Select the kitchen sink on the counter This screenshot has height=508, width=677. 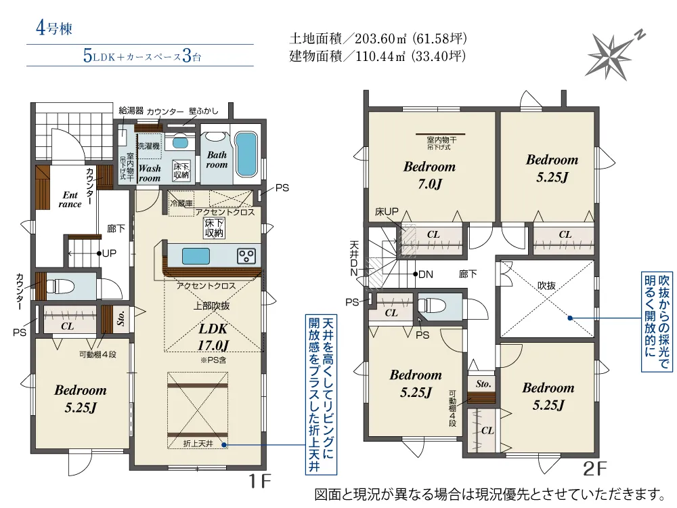pos(196,256)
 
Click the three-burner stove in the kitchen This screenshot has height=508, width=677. pos(247,256)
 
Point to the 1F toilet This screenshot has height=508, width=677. pos(60,287)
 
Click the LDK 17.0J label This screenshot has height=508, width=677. pos(213,337)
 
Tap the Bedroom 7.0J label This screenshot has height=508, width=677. pos(430,175)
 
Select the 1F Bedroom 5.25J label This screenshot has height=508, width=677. pos(81,399)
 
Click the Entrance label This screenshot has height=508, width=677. pos(70,200)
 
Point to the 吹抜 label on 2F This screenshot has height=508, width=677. pos(546,286)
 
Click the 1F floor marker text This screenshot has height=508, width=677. pos(259,481)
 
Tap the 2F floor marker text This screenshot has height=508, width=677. pos(595,469)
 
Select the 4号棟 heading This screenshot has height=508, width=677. pos(54,28)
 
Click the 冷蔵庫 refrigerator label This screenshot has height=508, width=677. pos(181,203)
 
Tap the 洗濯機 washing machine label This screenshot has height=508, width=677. pos(149,146)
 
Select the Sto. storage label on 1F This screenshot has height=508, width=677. pos(122,318)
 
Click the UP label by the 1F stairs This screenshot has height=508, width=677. pos(109,253)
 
